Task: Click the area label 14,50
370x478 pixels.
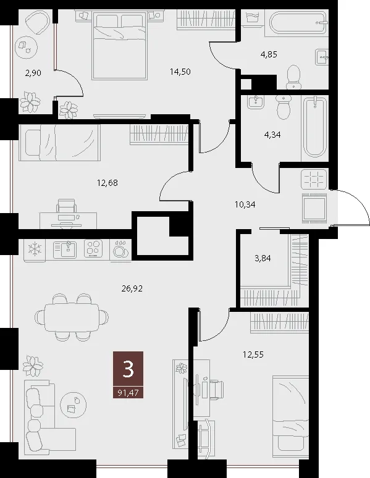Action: [180, 72]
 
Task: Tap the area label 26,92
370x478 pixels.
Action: [132, 288]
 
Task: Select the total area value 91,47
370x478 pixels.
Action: [128, 393]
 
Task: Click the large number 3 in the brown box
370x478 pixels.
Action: [128, 369]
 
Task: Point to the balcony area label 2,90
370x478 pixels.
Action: [33, 73]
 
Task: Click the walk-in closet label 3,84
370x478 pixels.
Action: [263, 259]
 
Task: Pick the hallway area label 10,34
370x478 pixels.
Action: [245, 204]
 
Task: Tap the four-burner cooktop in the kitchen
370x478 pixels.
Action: [95, 249]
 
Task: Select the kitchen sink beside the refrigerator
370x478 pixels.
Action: [66, 249]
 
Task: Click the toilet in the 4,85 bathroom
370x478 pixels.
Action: [294, 76]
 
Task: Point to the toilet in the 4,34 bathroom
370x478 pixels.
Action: [284, 106]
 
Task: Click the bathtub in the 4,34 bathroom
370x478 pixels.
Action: [315, 127]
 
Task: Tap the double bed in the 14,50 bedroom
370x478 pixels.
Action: [120, 45]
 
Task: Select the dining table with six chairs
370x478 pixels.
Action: [72, 317]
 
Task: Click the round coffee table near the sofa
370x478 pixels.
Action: [74, 405]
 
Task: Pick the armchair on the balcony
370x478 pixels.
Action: [37, 23]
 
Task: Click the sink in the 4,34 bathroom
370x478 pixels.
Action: [255, 102]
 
